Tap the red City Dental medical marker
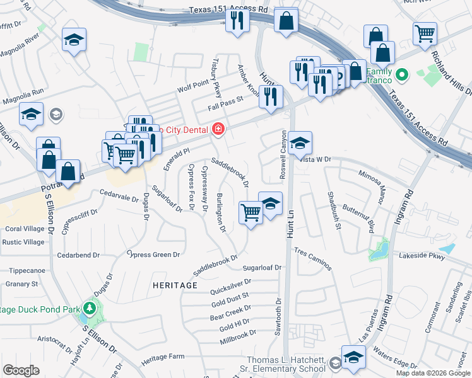pyautogui.click(x=218, y=129)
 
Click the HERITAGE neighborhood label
pyautogui.click(x=175, y=285)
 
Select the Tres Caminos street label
pyautogui.click(x=312, y=258)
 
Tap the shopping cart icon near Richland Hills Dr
pyautogui.click(x=425, y=33)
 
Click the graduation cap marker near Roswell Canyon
pyautogui.click(x=301, y=142)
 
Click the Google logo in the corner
pyautogui.click(x=21, y=371)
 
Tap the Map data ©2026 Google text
pyautogui.click(x=432, y=373)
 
